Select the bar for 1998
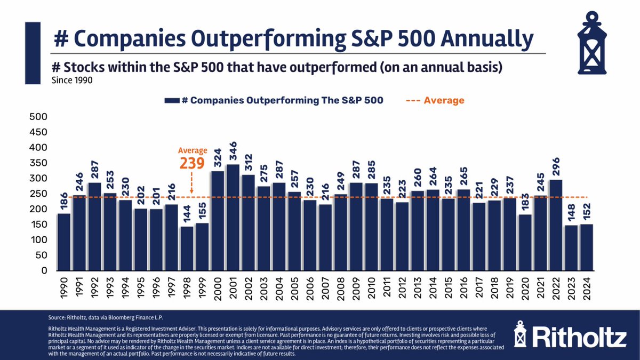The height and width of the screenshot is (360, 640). (187, 248)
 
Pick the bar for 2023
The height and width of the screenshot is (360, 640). (572, 247)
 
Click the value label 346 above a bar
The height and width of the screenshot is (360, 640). (234, 153)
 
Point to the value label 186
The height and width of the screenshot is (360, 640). (64, 202)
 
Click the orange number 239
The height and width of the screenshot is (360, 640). (191, 163)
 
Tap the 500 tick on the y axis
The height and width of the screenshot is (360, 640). (39, 116)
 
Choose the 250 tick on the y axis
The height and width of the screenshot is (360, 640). (39, 194)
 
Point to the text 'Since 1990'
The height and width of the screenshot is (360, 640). (73, 81)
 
